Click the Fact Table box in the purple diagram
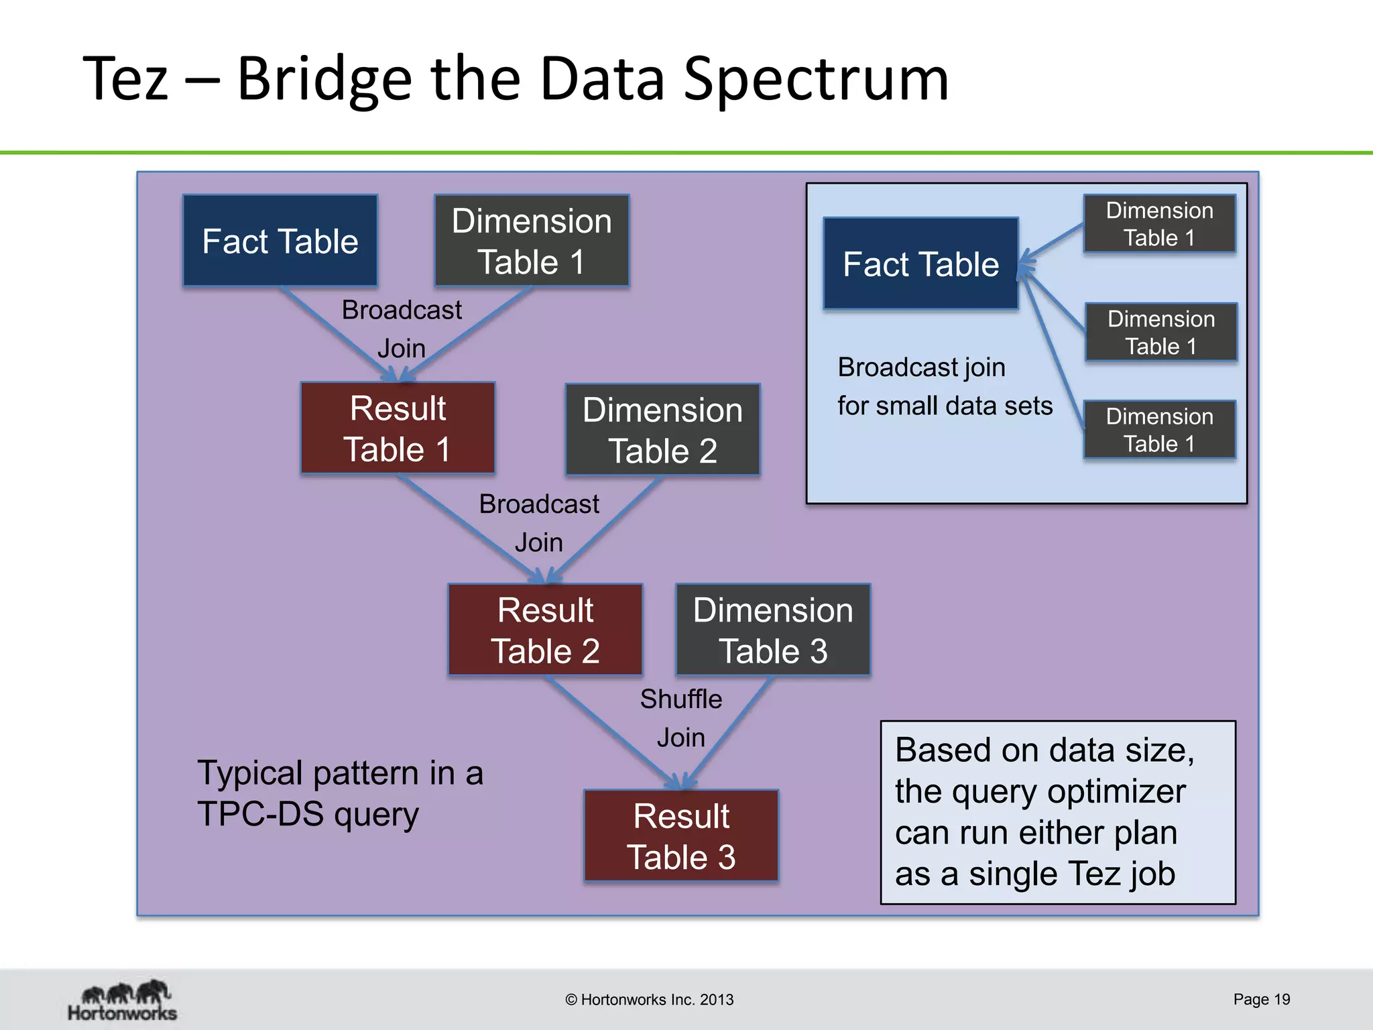pyautogui.click(x=280, y=241)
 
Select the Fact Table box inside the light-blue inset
pyautogui.click(x=920, y=264)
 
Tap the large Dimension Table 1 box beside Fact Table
pyautogui.click(x=532, y=241)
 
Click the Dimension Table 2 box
pyautogui.click(x=662, y=430)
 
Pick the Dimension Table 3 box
pyautogui.click(x=773, y=630)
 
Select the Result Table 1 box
pyautogui.click(x=398, y=428)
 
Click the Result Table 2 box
pyautogui.click(x=545, y=630)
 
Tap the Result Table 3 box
pyautogui.click(x=681, y=836)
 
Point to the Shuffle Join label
pyautogui.click(x=681, y=718)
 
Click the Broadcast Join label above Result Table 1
pyautogui.click(x=402, y=329)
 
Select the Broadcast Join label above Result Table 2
pyautogui.click(x=539, y=522)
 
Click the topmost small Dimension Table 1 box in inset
pyautogui.click(x=1159, y=224)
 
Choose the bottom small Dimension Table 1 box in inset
pyautogui.click(x=1159, y=430)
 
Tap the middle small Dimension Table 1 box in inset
pyautogui.click(x=1161, y=333)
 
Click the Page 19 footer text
pyautogui.click(x=1261, y=999)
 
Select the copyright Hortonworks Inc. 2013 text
pyautogui.click(x=649, y=999)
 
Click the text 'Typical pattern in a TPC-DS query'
pyautogui.click(x=340, y=793)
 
